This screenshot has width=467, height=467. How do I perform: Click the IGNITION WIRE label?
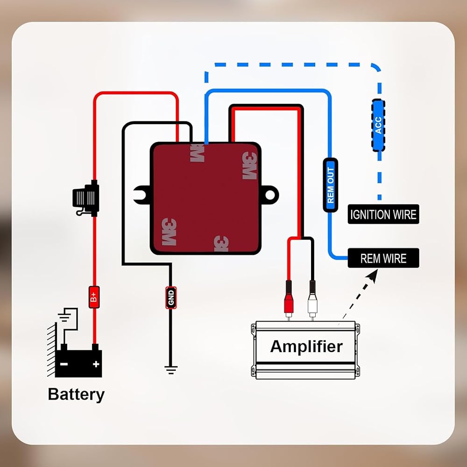(x=383, y=214)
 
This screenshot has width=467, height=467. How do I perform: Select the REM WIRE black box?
(x=383, y=258)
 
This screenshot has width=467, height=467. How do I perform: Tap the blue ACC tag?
(x=378, y=125)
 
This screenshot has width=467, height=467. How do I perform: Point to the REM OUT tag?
(x=330, y=185)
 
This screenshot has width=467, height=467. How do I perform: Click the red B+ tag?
(x=94, y=297)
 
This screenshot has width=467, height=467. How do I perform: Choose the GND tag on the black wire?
(x=171, y=297)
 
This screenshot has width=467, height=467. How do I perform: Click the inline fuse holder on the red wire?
(x=86, y=198)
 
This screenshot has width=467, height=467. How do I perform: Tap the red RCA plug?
(x=289, y=300)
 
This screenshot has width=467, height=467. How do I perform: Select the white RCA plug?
(x=312, y=300)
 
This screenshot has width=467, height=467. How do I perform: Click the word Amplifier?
(x=306, y=347)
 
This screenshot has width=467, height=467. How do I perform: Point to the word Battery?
(x=76, y=395)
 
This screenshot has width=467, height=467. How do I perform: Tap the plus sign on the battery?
(x=96, y=364)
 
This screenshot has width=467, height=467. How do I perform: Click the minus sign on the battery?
(x=64, y=364)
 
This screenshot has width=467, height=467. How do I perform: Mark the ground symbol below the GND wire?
(x=171, y=369)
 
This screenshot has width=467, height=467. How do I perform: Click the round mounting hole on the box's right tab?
(x=270, y=195)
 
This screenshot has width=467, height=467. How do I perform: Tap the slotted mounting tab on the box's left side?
(x=142, y=195)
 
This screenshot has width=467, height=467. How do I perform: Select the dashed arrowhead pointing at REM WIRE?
(x=373, y=274)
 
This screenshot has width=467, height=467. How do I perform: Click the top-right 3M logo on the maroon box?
(x=249, y=166)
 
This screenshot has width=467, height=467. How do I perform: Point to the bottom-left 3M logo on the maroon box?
(x=169, y=232)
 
